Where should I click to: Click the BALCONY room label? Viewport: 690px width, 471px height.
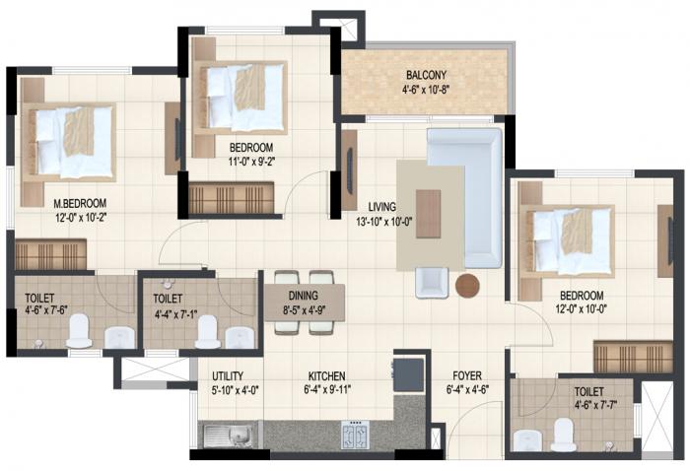426,75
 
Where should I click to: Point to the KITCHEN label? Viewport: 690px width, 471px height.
325,376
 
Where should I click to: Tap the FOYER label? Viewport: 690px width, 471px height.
466,376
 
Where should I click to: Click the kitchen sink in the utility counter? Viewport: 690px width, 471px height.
224,433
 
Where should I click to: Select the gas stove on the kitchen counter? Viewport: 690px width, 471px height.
355,434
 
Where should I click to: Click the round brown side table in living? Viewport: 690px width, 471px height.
467,286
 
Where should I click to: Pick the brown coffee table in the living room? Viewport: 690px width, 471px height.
429,214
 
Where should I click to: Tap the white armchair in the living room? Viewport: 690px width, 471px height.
431,282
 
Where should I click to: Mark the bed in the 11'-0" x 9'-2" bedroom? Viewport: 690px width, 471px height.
240,97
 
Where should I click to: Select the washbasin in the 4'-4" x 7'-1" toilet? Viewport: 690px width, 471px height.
240,336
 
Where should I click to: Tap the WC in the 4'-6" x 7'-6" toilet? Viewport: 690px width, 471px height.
80,333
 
